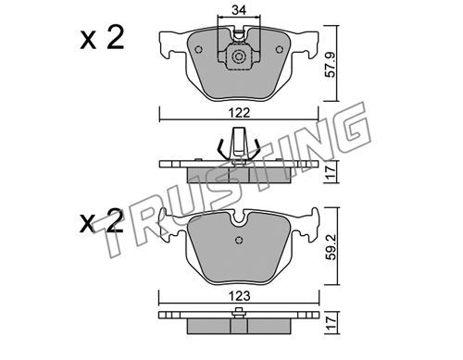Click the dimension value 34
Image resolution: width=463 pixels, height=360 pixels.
(x=239, y=10)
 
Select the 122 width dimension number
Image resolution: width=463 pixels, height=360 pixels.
(x=240, y=113)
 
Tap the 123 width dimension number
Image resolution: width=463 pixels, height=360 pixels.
(x=240, y=296)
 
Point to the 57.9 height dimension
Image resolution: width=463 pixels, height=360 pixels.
(x=331, y=65)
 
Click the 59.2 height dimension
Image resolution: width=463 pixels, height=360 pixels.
(x=332, y=247)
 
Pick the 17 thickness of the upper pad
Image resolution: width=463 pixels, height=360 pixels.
(x=331, y=172)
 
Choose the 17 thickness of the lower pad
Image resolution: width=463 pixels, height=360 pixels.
(x=331, y=323)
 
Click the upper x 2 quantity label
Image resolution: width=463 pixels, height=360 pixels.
(x=102, y=38)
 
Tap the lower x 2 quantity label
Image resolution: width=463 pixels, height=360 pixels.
(x=102, y=221)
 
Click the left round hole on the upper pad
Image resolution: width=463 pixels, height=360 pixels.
(x=198, y=49)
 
